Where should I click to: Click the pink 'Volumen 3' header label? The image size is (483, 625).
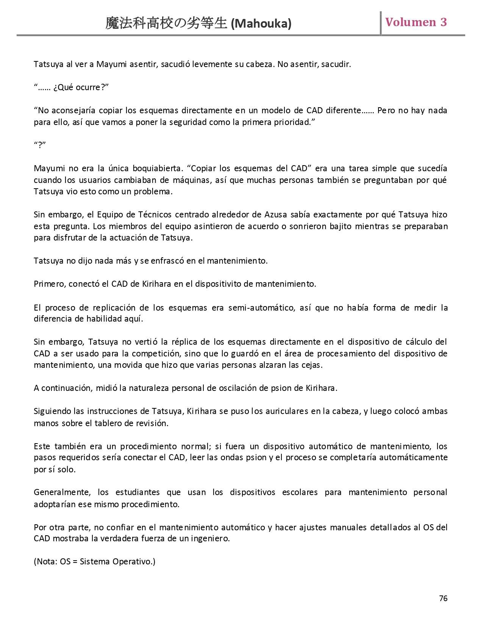(416, 22)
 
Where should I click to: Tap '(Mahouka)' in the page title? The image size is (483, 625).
(261, 24)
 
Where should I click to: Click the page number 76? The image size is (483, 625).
(443, 598)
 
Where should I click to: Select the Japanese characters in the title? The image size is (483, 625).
(166, 23)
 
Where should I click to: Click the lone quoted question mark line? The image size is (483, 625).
(40, 145)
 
